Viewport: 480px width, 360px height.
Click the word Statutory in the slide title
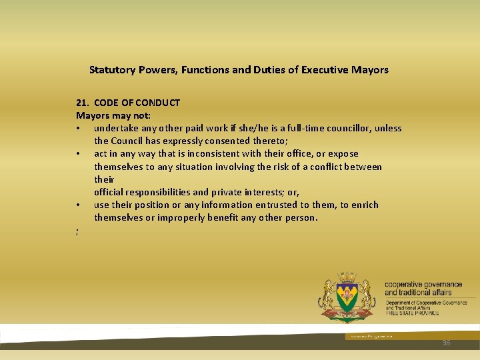(112, 70)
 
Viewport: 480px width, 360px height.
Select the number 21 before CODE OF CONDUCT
(81, 103)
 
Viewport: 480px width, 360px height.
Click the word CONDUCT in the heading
(159, 103)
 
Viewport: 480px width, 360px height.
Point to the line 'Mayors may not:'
(113, 115)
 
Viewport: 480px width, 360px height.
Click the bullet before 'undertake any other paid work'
(78, 129)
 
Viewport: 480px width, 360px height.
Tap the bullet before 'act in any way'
(78, 154)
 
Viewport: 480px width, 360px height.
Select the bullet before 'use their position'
(78, 205)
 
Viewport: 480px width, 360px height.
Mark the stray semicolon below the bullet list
(77, 231)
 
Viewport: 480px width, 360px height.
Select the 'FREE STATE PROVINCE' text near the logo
(411, 313)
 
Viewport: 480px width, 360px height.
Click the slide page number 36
(446, 342)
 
